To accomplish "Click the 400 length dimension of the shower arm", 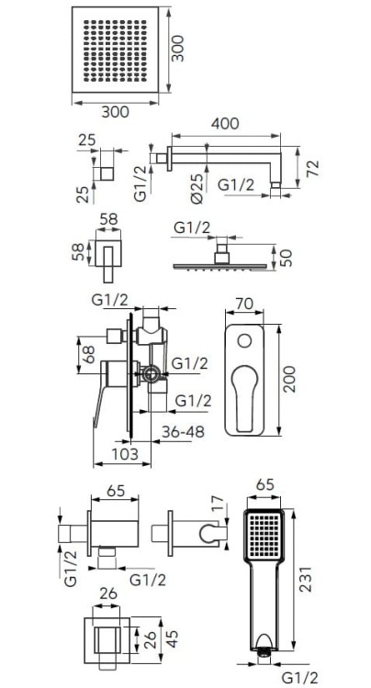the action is [x=225, y=123].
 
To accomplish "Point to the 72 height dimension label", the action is [x=313, y=169].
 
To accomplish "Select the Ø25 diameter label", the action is [x=197, y=188].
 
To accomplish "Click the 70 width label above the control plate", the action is [x=244, y=304].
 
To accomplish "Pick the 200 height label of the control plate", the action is [x=289, y=379].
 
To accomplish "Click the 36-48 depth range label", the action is [x=183, y=432].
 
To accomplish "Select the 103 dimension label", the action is [x=126, y=454].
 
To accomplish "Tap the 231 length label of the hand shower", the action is [x=306, y=579].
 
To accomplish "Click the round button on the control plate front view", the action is [x=244, y=341].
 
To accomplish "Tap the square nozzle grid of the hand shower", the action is [x=264, y=537].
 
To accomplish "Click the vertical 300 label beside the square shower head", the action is [x=177, y=49].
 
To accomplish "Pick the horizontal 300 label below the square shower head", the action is [x=116, y=112].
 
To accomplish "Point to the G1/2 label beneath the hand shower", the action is [x=300, y=677].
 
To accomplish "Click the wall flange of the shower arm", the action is [x=169, y=159].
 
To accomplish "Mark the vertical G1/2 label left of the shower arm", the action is [x=140, y=183].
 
